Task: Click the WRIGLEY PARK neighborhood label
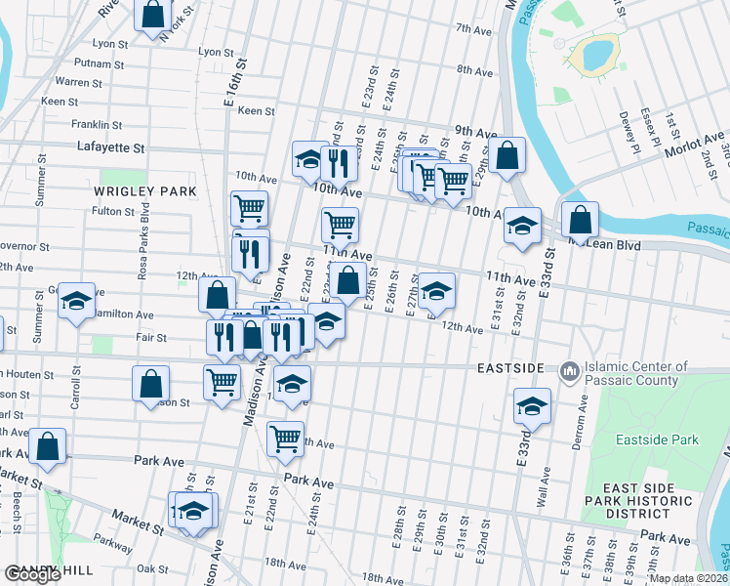[x=145, y=191]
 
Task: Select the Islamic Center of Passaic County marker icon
[x=570, y=372]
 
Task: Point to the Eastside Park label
[x=657, y=439]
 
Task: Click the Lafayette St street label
[x=110, y=147]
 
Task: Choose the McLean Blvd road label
[x=610, y=246]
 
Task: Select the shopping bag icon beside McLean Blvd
[x=580, y=220]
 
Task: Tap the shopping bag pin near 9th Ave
[x=507, y=155]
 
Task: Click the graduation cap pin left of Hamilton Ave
[x=75, y=301]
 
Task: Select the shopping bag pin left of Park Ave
[x=47, y=445]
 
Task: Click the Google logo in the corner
[x=33, y=574]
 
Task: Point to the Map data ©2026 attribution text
[x=687, y=578]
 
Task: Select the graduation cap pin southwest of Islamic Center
[x=533, y=405]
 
